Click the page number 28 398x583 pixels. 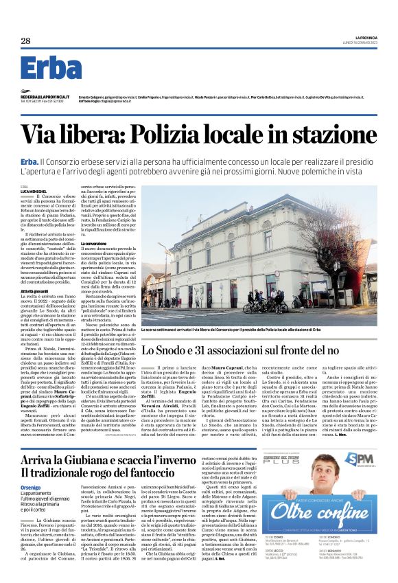coord(25,41)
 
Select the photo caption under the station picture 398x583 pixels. coord(237,330)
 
